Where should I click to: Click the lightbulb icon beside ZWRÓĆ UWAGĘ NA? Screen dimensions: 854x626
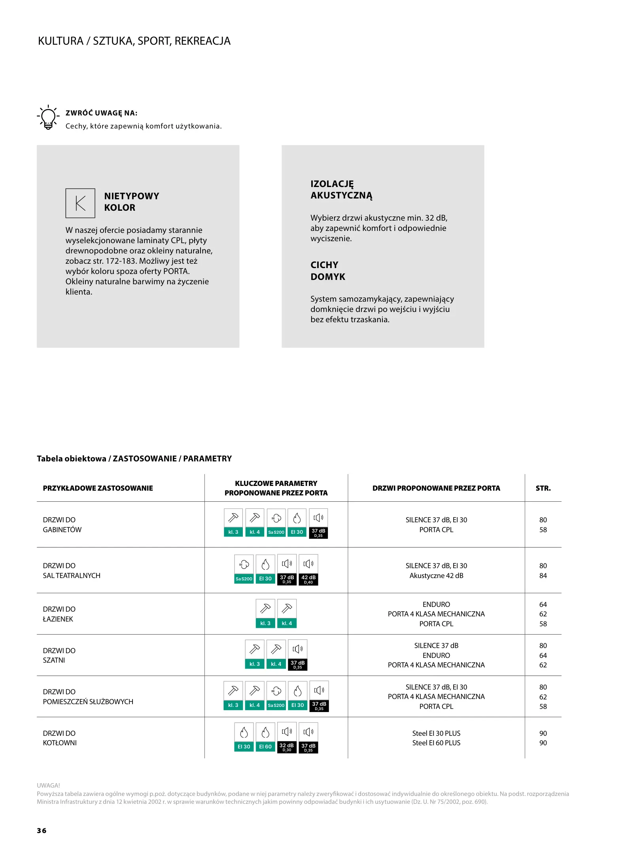tap(48, 117)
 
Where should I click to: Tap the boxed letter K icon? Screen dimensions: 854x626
tap(80, 203)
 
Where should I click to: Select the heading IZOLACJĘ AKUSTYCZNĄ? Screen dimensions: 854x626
tap(341, 189)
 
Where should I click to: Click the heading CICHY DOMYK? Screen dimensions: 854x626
tap(328, 271)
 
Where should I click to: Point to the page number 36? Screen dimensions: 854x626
tap(42, 830)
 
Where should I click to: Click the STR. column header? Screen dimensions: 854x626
tap(543, 488)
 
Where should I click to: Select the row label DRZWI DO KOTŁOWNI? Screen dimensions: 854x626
tap(60, 738)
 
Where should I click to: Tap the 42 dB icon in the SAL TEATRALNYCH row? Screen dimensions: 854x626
tap(308, 570)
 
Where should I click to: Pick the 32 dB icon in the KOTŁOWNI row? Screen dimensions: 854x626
tap(287, 738)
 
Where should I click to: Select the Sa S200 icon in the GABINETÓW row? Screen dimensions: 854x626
tap(276, 523)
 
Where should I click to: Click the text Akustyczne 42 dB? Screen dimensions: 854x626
tap(436, 576)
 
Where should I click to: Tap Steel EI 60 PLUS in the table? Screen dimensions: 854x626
tap(436, 743)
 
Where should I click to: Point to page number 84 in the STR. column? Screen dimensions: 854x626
tap(543, 576)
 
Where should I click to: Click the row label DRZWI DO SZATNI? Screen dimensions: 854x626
tap(59, 655)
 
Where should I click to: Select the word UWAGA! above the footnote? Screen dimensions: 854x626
tap(48, 785)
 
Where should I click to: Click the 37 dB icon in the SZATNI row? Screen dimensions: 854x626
tap(297, 655)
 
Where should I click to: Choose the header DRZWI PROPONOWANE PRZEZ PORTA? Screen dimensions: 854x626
tap(436, 488)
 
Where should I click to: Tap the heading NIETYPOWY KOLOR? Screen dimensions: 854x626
tap(132, 202)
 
